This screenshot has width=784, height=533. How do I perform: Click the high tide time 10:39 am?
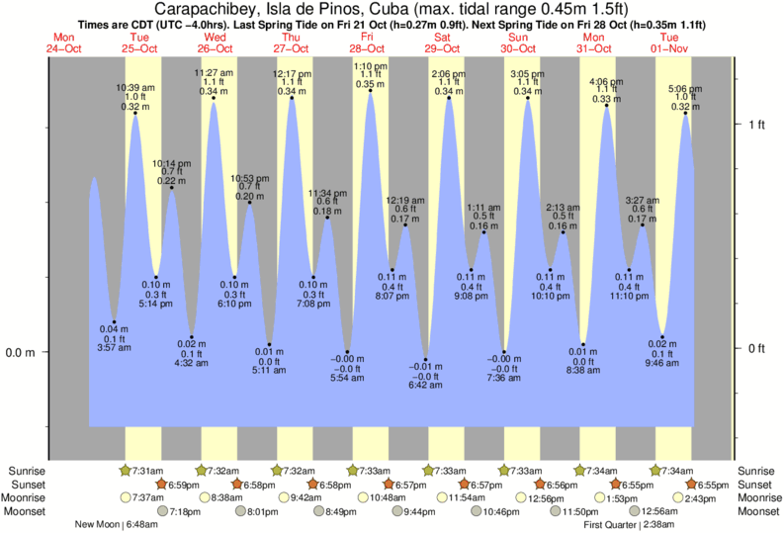coord(133,87)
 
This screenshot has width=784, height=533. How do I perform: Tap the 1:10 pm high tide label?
coord(370,66)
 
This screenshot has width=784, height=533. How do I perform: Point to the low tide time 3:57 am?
coord(114,348)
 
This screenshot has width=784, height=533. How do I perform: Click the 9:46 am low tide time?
coord(662,363)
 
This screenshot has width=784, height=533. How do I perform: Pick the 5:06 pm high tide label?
coord(685,88)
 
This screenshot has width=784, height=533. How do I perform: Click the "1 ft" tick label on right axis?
coord(757,124)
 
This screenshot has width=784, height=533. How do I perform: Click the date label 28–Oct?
coord(368,47)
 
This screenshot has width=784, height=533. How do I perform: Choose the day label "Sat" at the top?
coord(444,37)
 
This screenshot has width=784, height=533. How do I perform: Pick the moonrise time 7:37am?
coord(148,497)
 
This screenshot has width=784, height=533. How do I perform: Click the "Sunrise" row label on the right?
coord(757,471)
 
